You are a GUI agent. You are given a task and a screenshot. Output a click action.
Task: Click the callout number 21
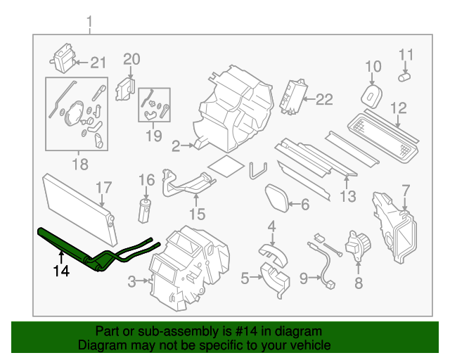pyautogui.click(x=96, y=61)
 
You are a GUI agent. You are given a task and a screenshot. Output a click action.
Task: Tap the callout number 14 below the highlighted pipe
pyautogui.click(x=62, y=270)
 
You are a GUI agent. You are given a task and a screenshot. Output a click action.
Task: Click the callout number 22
pyautogui.click(x=323, y=99)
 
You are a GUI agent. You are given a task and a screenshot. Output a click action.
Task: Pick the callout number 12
pyautogui.click(x=399, y=108)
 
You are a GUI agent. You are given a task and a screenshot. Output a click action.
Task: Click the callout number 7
pyautogui.click(x=405, y=190)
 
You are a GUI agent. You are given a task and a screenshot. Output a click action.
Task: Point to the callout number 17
pyautogui.click(x=103, y=187)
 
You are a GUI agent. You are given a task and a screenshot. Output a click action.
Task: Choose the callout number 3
pyautogui.click(x=133, y=283)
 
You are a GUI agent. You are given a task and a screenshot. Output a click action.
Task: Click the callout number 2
pyautogui.click(x=176, y=146)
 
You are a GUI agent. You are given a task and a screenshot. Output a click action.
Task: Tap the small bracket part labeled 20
pyautogui.click(x=125, y=89)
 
